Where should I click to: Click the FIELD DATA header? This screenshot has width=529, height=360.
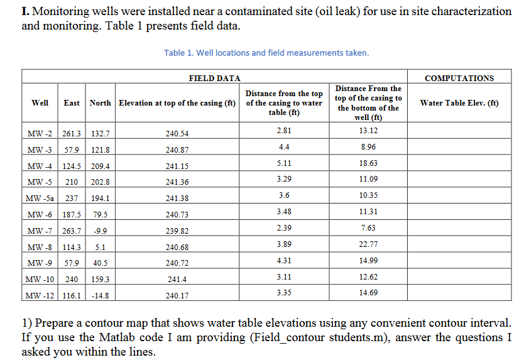(214, 78)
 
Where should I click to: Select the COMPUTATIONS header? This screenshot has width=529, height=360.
(459, 78)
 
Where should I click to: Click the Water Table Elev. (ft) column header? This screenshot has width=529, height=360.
(459, 103)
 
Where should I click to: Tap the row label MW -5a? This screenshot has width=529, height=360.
(41, 199)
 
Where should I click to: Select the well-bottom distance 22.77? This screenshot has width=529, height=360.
(368, 244)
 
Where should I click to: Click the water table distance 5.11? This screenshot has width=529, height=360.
(283, 163)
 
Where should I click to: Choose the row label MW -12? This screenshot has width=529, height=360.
(41, 295)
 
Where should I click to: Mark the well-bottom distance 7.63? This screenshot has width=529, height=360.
(368, 227)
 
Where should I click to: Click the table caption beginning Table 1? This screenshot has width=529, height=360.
(266, 53)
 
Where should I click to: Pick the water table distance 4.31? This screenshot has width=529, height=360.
(283, 260)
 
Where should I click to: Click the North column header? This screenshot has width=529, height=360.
(100, 103)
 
